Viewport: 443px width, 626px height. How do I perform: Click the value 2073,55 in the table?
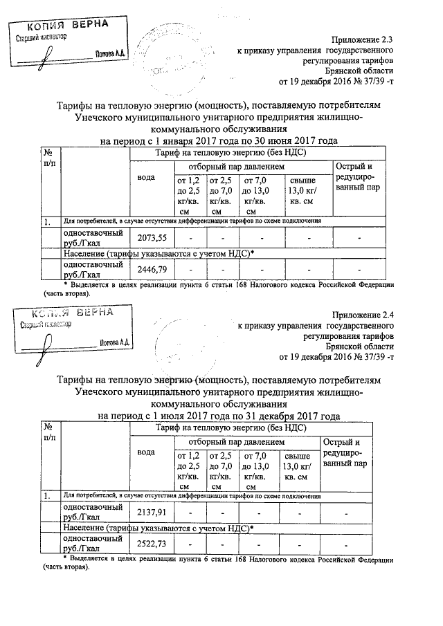pyautogui.click(x=152, y=239)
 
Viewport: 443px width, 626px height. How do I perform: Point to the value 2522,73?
pyautogui.click(x=152, y=544)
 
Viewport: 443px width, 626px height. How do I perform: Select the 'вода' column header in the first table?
pyautogui.click(x=146, y=178)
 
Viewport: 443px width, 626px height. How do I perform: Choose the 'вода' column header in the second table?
pyautogui.click(x=146, y=452)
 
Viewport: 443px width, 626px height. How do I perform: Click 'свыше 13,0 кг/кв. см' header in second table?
pyautogui.click(x=299, y=464)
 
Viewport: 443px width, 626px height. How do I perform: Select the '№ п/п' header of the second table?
pyautogui.click(x=48, y=433)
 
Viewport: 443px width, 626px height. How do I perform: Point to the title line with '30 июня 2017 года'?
pyautogui.click(x=219, y=141)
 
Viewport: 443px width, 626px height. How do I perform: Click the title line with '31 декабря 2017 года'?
pyautogui.click(x=219, y=416)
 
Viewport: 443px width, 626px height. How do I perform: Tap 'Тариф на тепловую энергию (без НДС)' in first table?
pyautogui.click(x=231, y=152)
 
